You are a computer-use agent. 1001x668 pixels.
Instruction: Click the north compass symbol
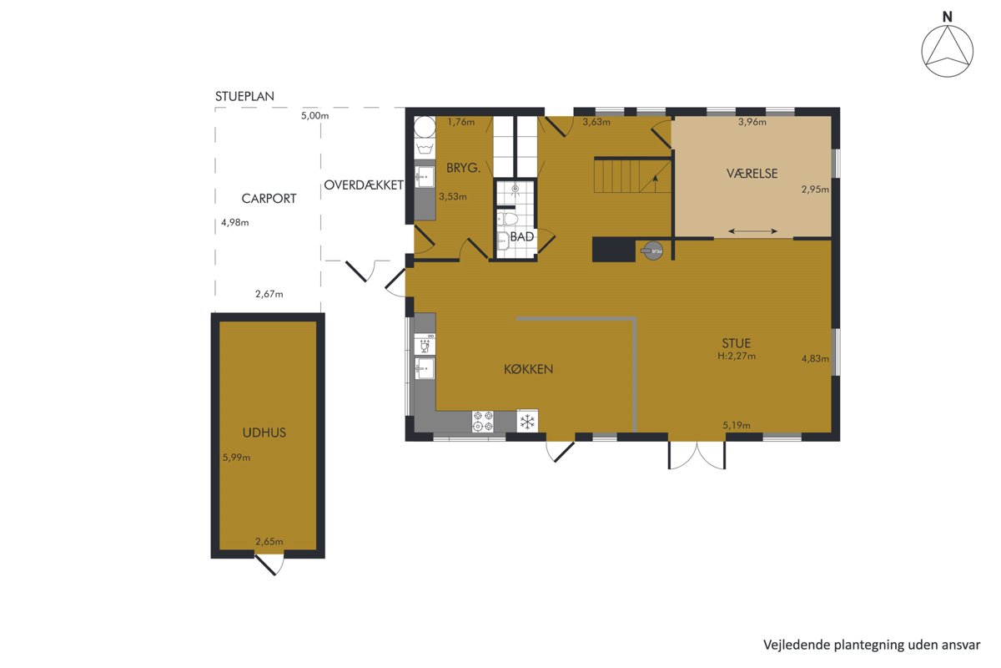tap(947, 51)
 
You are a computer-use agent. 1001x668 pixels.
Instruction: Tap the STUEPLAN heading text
tap(244, 97)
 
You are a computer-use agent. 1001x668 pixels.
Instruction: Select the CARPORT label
tap(269, 199)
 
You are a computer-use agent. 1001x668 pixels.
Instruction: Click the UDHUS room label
tap(264, 433)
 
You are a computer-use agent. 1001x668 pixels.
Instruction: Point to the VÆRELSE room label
tap(752, 173)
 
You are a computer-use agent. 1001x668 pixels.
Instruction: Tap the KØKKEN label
tap(528, 369)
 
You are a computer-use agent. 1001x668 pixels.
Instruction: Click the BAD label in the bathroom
tap(522, 236)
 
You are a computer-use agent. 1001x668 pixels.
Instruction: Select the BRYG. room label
tap(464, 168)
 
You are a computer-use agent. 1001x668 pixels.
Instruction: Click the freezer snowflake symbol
tap(527, 421)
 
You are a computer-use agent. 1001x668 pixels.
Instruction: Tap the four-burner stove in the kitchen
tap(483, 422)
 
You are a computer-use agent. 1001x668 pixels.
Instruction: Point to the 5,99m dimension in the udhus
tap(236, 458)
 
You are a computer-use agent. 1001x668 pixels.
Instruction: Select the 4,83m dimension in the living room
tap(815, 358)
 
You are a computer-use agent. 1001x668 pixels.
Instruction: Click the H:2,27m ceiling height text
tap(737, 357)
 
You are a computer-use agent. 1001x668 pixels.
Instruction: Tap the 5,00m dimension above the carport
tap(314, 116)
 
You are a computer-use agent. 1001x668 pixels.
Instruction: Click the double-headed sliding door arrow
tap(753, 231)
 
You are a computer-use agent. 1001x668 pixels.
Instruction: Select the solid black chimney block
tap(614, 250)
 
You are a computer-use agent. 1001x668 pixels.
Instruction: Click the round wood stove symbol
tap(652, 250)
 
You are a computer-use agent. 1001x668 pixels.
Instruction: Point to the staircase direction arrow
tap(655, 184)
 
